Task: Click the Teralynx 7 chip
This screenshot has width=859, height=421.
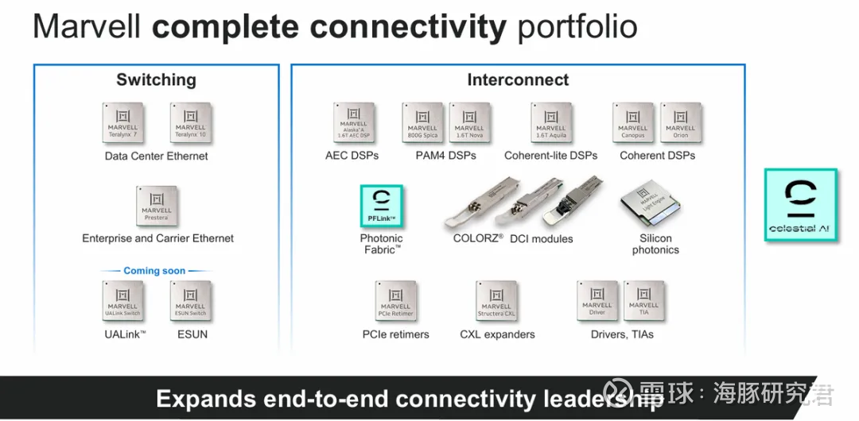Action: [x=123, y=123]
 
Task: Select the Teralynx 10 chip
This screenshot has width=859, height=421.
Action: [x=190, y=123]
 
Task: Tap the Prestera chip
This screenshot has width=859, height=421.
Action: [x=157, y=207]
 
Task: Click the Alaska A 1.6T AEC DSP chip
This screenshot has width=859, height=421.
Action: [x=353, y=123]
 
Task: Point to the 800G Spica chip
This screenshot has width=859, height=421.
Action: [x=422, y=123]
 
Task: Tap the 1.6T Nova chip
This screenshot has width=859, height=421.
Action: [x=469, y=123]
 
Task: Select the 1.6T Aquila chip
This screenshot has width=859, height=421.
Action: [x=550, y=123]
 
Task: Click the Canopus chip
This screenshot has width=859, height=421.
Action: [x=633, y=123]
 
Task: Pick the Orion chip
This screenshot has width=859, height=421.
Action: [x=680, y=123]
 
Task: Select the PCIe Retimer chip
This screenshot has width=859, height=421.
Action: [x=395, y=301]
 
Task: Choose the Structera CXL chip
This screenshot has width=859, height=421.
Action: [x=496, y=301]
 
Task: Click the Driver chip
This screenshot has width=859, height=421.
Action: [x=597, y=299]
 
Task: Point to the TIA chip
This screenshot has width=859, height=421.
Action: [x=643, y=299]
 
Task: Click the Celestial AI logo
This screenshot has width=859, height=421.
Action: [x=801, y=205]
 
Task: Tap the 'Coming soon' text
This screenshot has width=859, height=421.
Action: [x=154, y=271]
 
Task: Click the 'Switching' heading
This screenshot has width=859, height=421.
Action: [x=156, y=80]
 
